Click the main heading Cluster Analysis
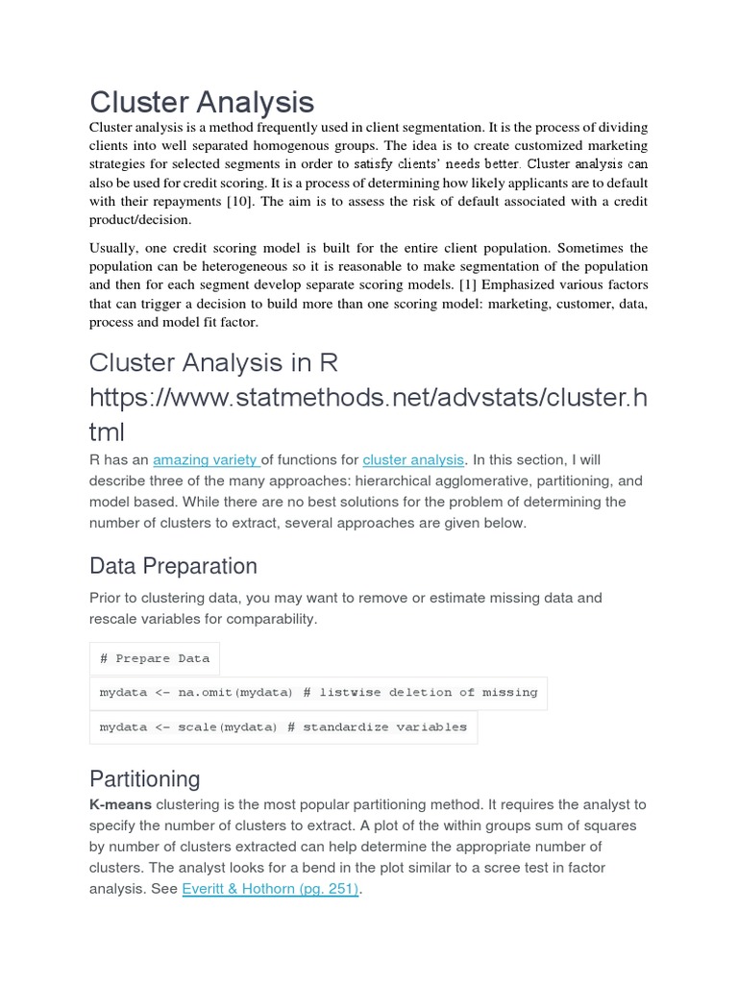click(x=202, y=102)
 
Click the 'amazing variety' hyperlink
click(x=205, y=460)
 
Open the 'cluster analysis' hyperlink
click(x=413, y=460)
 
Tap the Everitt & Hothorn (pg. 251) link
click(x=270, y=889)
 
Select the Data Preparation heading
click(x=173, y=566)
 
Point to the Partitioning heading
click(x=145, y=778)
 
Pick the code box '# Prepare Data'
click(x=155, y=659)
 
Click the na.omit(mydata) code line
click(x=318, y=693)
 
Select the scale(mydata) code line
click(x=283, y=727)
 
